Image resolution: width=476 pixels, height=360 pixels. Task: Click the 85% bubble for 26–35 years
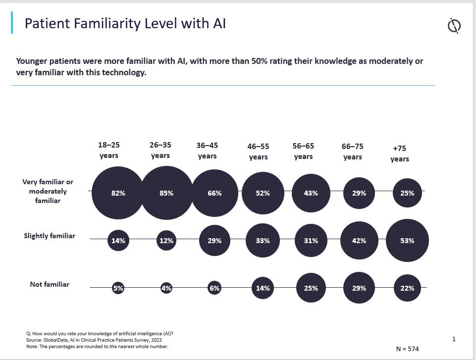(x=166, y=193)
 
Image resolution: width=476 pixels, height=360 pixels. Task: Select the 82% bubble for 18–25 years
(x=118, y=193)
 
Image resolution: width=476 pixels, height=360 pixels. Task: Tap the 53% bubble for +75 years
(x=407, y=241)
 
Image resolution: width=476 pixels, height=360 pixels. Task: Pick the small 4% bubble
(x=166, y=288)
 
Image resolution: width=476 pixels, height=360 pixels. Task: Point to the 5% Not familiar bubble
(x=118, y=288)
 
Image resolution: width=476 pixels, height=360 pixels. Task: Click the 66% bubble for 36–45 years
(x=214, y=193)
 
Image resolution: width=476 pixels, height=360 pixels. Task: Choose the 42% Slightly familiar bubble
(x=359, y=241)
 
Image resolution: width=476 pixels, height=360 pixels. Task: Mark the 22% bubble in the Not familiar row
(x=407, y=288)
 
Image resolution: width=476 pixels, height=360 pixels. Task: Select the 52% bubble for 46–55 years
(x=263, y=193)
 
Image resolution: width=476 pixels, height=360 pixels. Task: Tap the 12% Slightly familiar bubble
(x=166, y=241)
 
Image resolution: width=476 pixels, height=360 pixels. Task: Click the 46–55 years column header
(x=258, y=152)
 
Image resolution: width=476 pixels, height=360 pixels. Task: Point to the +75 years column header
(x=400, y=154)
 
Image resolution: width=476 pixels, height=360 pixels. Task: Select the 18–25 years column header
(x=109, y=150)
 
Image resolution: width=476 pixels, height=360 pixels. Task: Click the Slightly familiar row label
(x=50, y=236)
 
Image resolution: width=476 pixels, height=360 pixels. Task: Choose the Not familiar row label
(x=50, y=284)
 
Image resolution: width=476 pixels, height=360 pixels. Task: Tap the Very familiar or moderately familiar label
(x=48, y=191)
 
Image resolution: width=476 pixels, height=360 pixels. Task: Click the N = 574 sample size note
(x=408, y=349)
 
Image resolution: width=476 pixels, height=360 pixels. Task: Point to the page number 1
(x=454, y=339)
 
